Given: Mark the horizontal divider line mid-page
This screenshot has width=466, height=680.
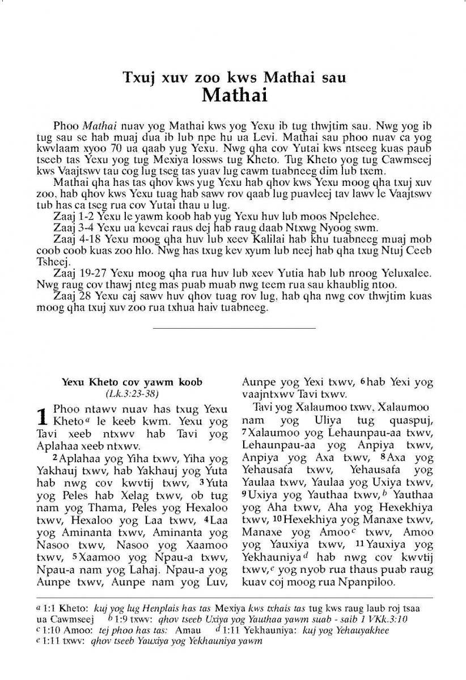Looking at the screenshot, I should tap(234, 328).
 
